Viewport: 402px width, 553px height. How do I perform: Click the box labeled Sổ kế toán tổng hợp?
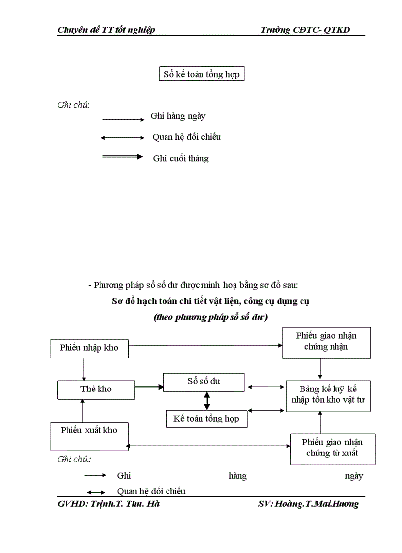click(202, 74)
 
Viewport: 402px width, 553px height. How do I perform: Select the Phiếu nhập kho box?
click(89, 348)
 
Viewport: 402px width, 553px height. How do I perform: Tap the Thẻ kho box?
click(96, 389)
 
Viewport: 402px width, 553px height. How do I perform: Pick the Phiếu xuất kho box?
click(89, 436)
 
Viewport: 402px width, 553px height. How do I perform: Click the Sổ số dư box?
click(203, 382)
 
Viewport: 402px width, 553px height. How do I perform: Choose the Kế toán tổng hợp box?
click(206, 419)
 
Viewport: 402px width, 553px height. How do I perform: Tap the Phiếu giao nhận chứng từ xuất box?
click(333, 449)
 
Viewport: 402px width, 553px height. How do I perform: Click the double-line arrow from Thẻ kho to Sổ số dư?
click(149, 388)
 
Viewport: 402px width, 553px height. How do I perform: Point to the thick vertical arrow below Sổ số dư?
click(207, 401)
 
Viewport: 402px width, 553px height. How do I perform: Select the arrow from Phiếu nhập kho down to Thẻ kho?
click(84, 369)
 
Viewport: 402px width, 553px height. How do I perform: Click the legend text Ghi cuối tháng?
click(181, 158)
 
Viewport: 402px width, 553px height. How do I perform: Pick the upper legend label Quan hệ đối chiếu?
click(187, 137)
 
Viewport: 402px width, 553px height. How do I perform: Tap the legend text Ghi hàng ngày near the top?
click(178, 116)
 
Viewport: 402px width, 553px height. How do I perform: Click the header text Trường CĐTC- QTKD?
click(305, 30)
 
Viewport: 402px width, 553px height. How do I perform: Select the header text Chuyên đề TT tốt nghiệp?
click(106, 30)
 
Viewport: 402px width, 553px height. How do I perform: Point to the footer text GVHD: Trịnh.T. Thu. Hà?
click(108, 504)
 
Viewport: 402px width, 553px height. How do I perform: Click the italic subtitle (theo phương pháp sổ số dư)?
click(210, 317)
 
